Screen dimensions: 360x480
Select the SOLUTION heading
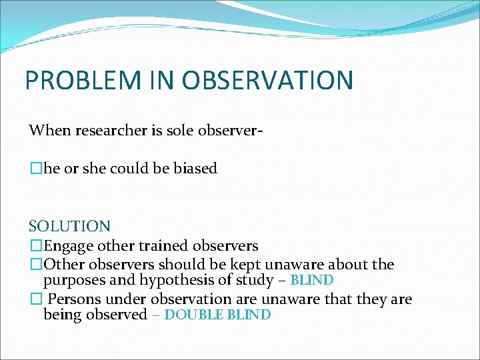[69, 227]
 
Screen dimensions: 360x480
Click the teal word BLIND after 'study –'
[312, 281]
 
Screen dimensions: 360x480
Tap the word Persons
[73, 299]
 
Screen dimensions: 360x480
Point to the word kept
[255, 265]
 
